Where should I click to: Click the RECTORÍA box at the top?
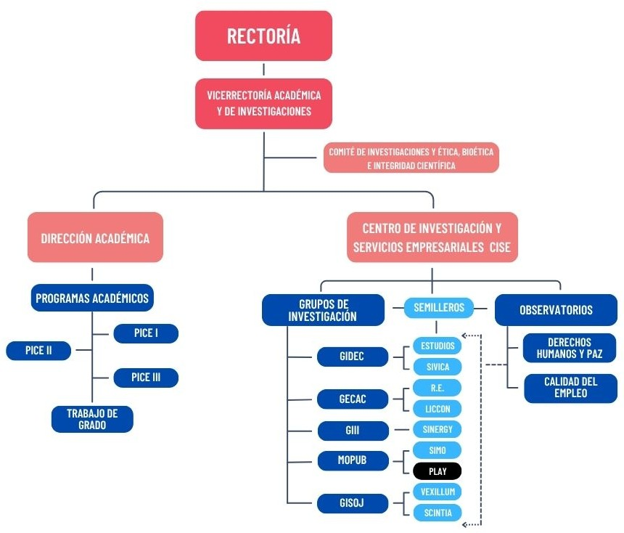point(263,36)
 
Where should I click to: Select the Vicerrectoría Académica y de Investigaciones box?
point(263,103)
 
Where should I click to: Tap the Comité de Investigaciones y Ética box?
point(411,158)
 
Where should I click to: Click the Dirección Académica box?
point(95,237)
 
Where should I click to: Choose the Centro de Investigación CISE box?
point(432,237)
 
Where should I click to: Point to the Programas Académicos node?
point(92,298)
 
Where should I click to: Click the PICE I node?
point(146,333)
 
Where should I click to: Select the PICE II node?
point(39,350)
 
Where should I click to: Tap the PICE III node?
point(146,378)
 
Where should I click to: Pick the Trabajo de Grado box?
point(92,419)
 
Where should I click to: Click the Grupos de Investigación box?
point(322,309)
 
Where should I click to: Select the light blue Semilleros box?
point(438,308)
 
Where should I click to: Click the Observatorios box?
point(556,310)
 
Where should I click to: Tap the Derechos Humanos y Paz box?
point(570,349)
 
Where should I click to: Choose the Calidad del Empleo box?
point(570,388)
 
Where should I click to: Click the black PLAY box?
point(437,471)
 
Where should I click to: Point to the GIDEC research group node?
point(352,357)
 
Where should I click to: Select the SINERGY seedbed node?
point(437,429)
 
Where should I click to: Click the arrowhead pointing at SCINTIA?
point(467,522)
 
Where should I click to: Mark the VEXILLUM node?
point(437,492)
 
